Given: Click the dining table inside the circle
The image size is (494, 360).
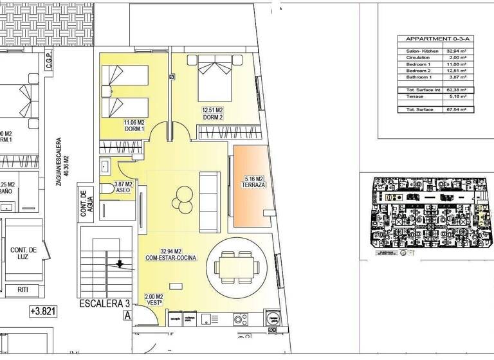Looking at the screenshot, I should click(237, 262).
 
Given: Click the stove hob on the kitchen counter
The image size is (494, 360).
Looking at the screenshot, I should click(240, 318).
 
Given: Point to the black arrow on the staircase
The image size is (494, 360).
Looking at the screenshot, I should click(120, 263).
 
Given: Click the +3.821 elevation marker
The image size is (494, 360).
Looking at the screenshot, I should click(42, 312).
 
